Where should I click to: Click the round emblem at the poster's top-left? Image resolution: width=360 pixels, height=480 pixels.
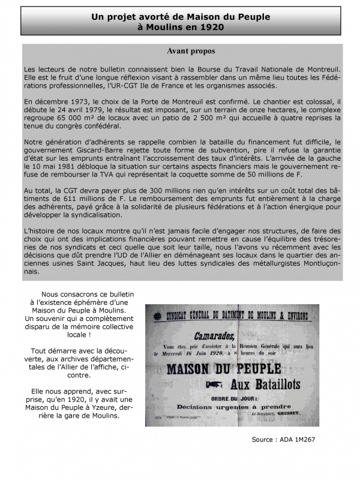point(156,316)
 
